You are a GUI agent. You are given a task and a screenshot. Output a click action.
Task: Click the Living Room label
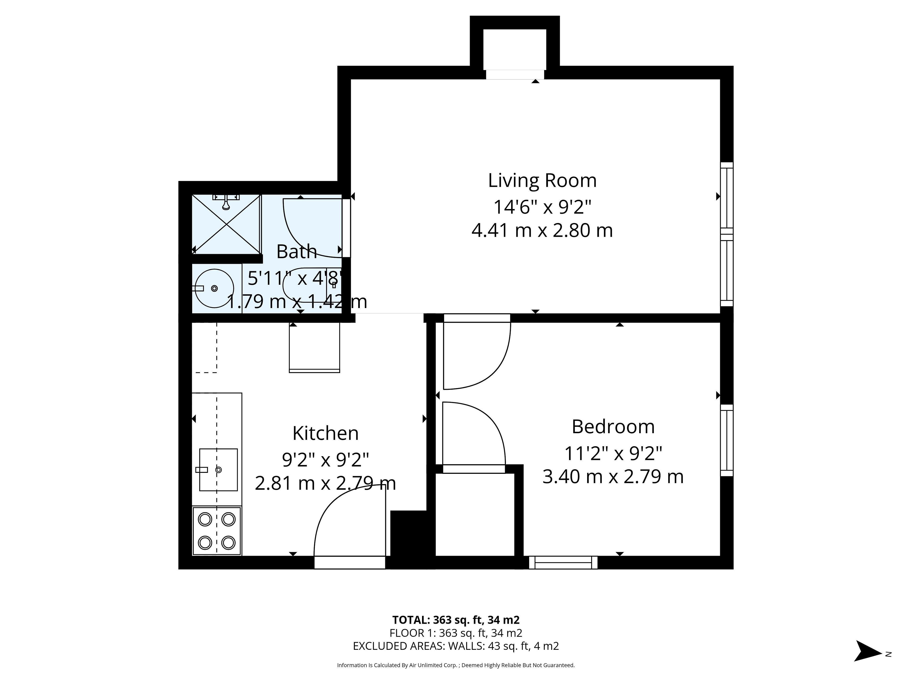coord(542,180)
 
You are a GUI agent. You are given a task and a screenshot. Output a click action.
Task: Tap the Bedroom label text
coord(613,427)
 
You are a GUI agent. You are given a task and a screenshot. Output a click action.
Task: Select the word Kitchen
coord(325,433)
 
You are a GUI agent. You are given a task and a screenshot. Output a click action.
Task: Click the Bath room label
coord(296,252)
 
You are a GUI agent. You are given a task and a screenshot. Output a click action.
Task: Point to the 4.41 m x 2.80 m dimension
coord(542,230)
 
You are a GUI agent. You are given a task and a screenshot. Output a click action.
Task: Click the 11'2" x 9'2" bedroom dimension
coord(613,454)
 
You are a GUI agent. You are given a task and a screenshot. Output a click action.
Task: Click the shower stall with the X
coord(226,224)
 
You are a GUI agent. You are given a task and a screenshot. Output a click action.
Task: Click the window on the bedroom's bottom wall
coord(563,563)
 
